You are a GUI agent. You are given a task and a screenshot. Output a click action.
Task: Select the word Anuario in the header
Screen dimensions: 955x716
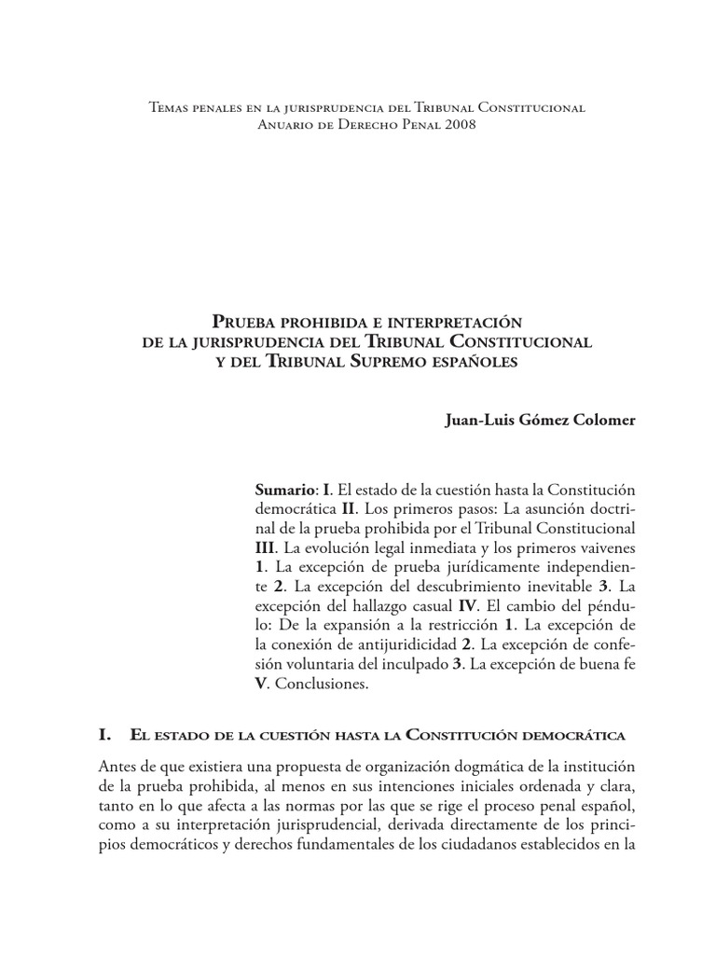pos(284,125)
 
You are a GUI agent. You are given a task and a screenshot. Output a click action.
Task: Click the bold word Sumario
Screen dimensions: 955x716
pos(285,491)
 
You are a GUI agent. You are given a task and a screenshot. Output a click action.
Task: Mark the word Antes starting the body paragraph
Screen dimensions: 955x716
pos(117,767)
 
